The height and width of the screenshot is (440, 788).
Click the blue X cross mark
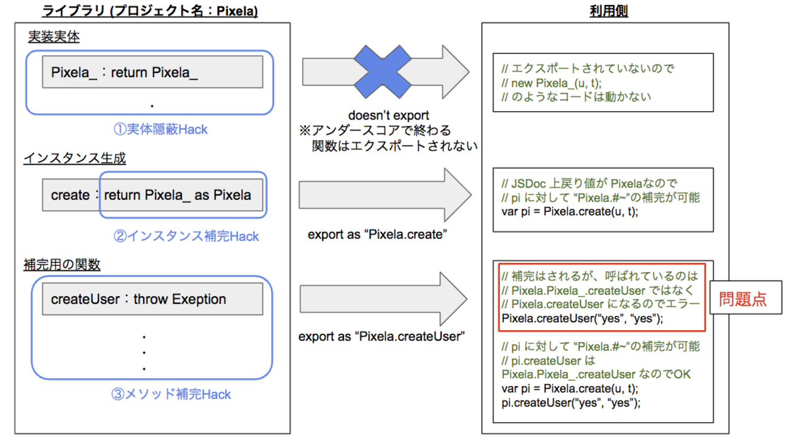[382, 72]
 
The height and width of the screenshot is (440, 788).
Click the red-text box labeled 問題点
[746, 297]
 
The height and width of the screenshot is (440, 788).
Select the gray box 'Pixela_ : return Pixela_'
[152, 72]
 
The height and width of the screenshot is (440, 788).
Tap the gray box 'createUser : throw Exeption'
[152, 299]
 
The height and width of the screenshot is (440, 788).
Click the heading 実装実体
[54, 37]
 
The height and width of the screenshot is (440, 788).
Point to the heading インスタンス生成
[75, 158]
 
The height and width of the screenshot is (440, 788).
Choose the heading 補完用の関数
[62, 265]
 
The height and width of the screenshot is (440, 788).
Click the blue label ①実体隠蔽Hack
[160, 129]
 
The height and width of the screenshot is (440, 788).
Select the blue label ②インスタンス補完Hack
[186, 236]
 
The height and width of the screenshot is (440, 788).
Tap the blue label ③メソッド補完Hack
[171, 394]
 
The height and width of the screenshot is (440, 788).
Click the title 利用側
[608, 11]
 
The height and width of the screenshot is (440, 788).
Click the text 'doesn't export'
[388, 115]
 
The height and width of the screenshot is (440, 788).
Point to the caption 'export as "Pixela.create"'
[377, 234]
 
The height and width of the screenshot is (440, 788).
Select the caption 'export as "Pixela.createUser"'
[382, 336]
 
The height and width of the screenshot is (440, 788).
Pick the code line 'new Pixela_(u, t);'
[556, 83]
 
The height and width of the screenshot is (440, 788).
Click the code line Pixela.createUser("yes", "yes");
[582, 319]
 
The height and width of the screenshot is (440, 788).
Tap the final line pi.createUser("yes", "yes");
[571, 403]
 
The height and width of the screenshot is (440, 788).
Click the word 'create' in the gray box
[70, 195]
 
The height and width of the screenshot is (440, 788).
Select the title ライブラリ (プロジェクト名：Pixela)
[150, 11]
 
